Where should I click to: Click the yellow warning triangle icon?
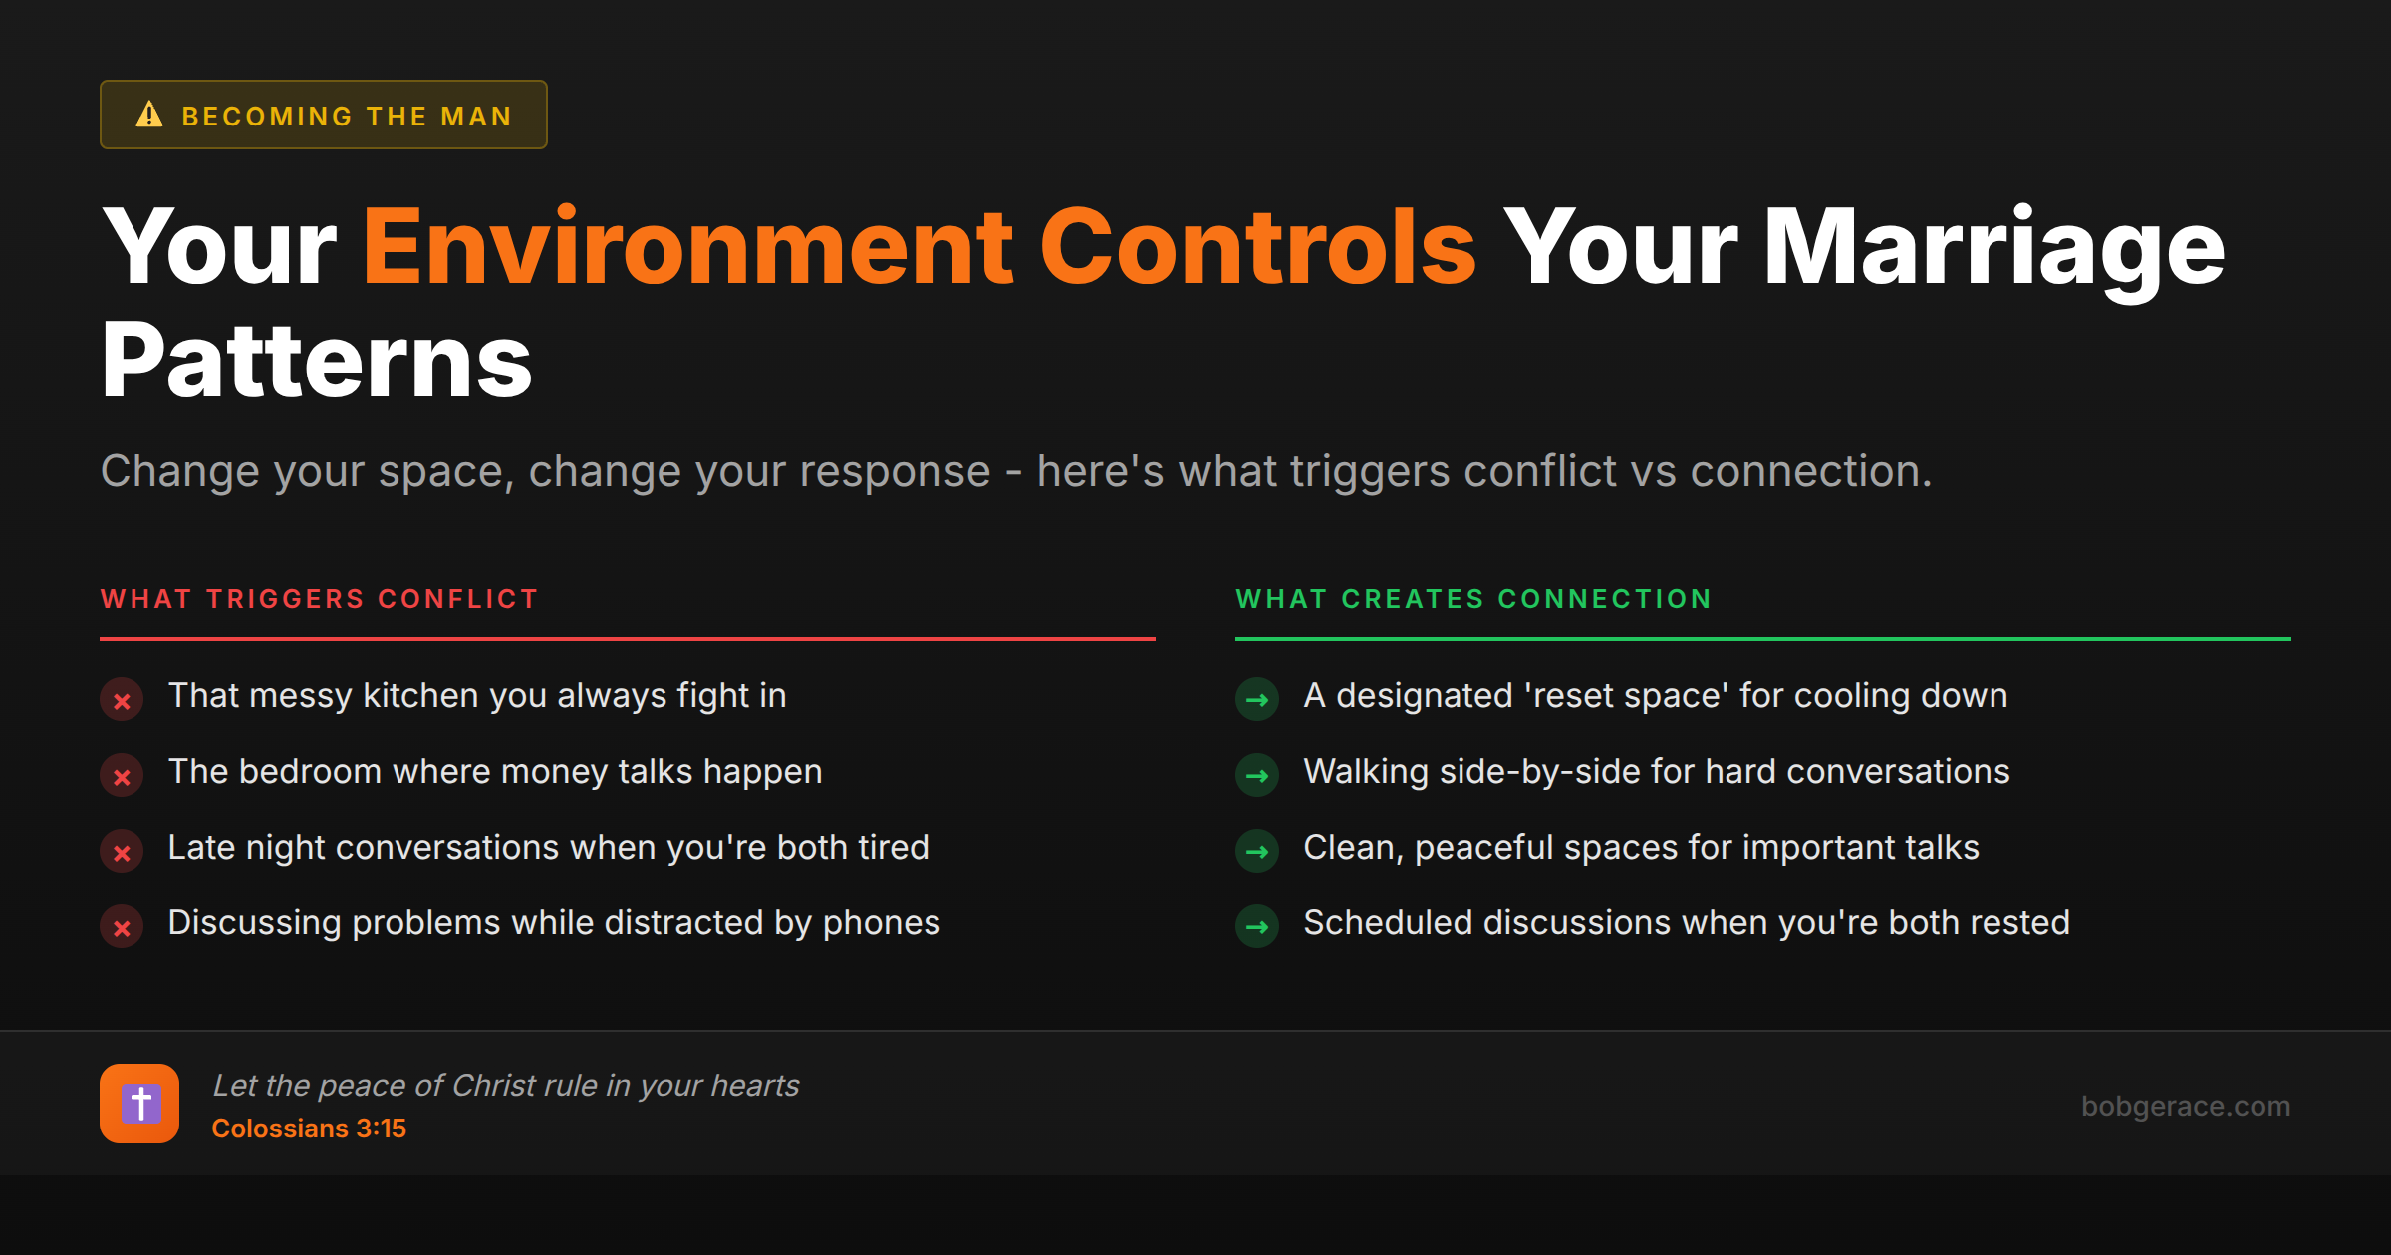click(149, 115)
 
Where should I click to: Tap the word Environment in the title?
click(687, 247)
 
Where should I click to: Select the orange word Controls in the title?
click(1257, 247)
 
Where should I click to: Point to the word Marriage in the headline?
click(1993, 247)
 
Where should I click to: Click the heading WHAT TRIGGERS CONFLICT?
click(319, 599)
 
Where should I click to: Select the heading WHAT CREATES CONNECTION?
click(1473, 599)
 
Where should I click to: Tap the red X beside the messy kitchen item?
click(122, 700)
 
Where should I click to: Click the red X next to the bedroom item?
click(122, 776)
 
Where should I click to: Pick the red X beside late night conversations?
click(122, 852)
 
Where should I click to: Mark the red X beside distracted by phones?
click(122, 927)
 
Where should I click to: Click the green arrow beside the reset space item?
click(1257, 700)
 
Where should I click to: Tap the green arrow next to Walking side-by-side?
click(1257, 776)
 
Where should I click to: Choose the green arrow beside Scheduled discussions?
click(1257, 927)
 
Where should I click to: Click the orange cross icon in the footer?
click(139, 1104)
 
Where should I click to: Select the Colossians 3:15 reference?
click(309, 1129)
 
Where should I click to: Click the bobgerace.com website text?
click(2185, 1106)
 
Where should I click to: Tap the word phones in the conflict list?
click(881, 923)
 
